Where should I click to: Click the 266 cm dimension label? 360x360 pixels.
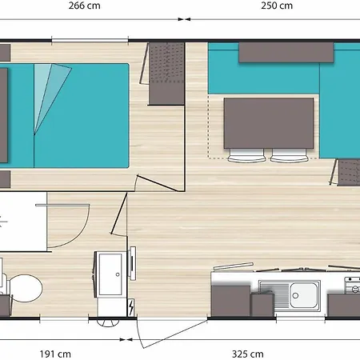[x=83, y=6]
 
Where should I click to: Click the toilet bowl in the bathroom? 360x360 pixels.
[x=26, y=288]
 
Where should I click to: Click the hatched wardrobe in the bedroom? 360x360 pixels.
[x=166, y=74]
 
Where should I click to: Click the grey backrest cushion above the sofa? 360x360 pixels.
[x=286, y=52]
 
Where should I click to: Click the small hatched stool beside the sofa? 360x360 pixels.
[x=347, y=170]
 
